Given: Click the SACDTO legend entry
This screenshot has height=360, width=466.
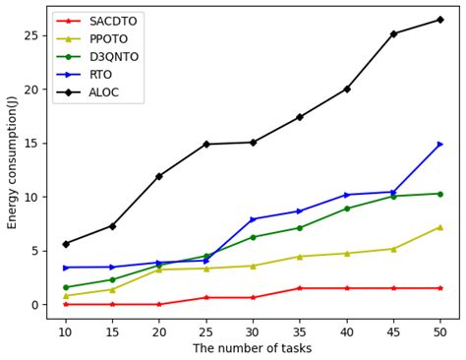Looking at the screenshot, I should (113, 21).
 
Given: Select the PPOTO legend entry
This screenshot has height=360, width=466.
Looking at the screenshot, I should (110, 39).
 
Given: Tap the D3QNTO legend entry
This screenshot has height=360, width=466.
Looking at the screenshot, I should (114, 57).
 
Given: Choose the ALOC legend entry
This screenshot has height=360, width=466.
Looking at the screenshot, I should (105, 92).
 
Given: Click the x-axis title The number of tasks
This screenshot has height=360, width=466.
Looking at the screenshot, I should (253, 348).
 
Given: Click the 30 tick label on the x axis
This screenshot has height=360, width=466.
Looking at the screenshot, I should (253, 332).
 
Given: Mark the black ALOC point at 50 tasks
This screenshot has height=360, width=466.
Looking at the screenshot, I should (439, 20).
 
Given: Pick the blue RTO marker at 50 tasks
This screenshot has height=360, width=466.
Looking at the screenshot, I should (439, 145).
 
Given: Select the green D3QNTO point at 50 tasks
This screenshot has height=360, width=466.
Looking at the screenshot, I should (439, 194).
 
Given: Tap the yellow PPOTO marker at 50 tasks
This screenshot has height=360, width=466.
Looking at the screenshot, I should (439, 227).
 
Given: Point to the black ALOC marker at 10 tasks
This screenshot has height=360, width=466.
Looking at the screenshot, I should (66, 244).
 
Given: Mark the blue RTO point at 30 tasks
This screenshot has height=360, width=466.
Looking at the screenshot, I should (253, 219).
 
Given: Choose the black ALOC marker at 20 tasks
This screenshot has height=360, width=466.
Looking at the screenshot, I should (159, 176).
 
